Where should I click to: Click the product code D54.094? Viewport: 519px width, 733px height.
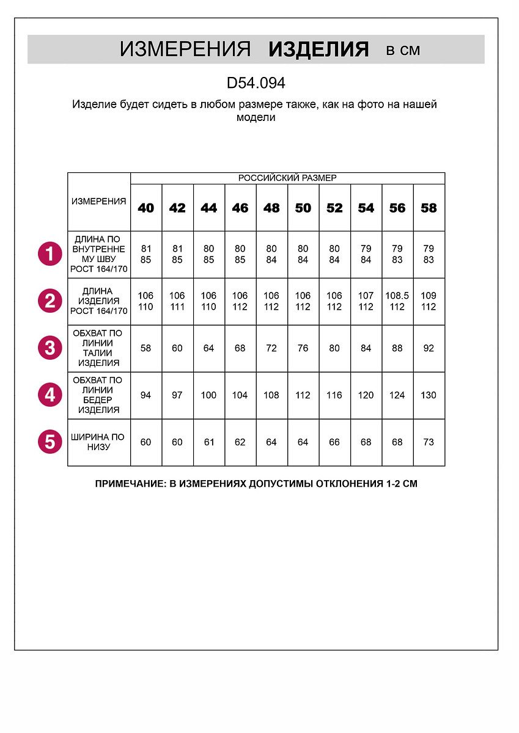point(256,82)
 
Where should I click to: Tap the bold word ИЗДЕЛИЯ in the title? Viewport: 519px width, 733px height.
point(318,50)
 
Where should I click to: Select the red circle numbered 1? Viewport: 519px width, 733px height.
point(50,253)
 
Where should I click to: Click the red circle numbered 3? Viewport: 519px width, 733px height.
point(50,348)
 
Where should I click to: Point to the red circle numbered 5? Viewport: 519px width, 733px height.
point(50,442)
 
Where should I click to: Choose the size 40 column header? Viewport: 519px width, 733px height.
point(146,208)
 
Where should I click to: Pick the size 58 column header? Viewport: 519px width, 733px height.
point(429,208)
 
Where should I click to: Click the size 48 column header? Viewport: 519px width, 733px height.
point(271,208)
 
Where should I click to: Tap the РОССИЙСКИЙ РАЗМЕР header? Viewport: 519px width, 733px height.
point(287,178)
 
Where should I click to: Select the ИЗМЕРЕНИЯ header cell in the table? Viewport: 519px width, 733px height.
point(99,202)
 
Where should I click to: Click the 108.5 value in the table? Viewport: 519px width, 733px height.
point(397,296)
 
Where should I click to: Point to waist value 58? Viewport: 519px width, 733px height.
point(146,348)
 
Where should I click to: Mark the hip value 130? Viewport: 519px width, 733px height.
point(429,395)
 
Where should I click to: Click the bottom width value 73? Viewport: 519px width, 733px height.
point(429,442)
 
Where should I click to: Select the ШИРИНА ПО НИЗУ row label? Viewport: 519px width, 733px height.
point(98,442)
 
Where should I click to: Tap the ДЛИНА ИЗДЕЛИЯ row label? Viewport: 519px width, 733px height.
point(99,301)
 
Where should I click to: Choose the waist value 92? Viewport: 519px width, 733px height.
point(429,348)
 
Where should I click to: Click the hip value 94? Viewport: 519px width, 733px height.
point(146,395)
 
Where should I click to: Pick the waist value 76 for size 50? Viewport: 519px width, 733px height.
point(303,348)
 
